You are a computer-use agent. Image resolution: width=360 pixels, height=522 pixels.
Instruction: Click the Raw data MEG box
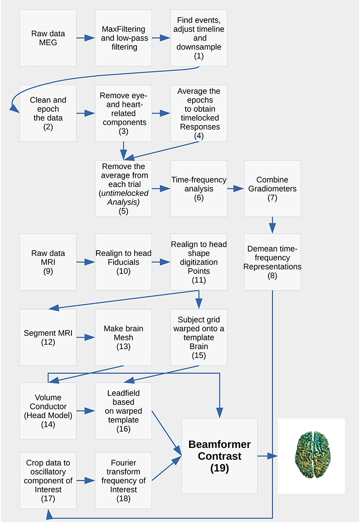click(48, 38)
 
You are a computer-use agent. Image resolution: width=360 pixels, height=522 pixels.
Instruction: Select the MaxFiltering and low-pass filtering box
click(124, 38)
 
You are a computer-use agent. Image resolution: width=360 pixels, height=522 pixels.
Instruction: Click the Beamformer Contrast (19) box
click(219, 456)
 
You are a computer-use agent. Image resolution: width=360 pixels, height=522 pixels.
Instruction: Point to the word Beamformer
click(219, 444)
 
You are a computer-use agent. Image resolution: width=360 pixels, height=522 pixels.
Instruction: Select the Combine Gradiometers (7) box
click(272, 189)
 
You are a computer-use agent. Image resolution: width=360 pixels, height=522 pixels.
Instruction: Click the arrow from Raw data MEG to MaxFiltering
click(86, 38)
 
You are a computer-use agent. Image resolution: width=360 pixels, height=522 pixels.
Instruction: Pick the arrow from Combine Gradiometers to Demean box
click(272, 225)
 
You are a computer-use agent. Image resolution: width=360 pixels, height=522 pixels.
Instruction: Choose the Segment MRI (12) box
click(48, 337)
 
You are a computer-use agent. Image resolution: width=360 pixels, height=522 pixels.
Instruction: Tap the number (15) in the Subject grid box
click(199, 355)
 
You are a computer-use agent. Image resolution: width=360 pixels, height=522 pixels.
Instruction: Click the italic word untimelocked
click(124, 193)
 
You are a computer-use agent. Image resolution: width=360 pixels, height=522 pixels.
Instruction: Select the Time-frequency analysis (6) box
click(199, 189)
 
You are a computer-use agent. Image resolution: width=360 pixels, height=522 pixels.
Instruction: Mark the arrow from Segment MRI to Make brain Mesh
click(86, 337)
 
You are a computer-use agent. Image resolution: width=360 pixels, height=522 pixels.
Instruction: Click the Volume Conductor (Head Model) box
click(48, 411)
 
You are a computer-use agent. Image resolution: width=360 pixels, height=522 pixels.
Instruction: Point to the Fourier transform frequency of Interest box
click(124, 480)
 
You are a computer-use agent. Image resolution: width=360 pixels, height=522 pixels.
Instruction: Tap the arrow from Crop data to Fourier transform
click(86, 480)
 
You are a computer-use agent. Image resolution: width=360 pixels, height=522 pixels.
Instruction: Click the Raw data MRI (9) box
click(48, 262)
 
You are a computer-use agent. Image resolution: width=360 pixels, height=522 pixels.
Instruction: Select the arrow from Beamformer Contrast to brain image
click(268, 456)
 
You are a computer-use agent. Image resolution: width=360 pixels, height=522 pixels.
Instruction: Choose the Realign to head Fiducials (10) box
click(124, 262)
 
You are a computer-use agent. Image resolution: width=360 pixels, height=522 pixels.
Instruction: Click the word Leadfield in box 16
click(124, 393)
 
